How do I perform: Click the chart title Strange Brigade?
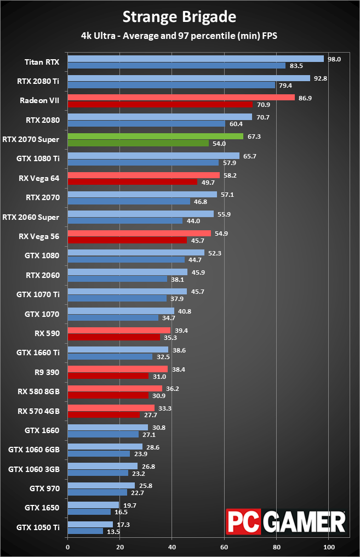point(179,17)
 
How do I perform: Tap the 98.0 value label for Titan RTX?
point(334,59)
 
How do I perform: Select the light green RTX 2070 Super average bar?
point(155,136)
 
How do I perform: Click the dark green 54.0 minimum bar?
point(138,143)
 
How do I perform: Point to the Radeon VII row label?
point(39,100)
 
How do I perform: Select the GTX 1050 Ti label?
point(38,527)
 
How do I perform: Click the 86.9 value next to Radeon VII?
point(305,98)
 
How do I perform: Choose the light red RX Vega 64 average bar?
point(144,175)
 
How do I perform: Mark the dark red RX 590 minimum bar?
point(113,337)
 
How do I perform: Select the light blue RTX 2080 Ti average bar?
point(188,78)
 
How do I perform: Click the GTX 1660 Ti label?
point(39,353)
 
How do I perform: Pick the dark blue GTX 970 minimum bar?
point(97,492)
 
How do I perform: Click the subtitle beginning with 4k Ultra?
point(179,36)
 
